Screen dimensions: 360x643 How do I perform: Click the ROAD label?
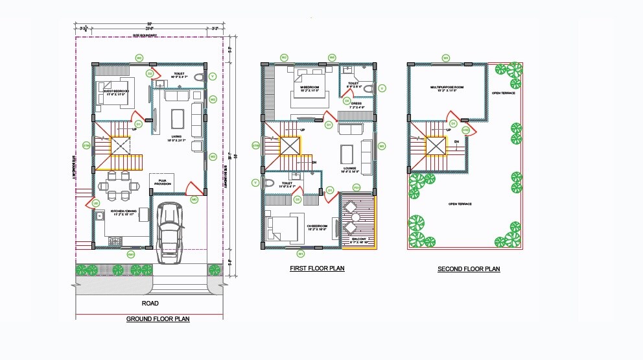150,303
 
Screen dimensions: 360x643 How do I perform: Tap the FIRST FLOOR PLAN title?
318,268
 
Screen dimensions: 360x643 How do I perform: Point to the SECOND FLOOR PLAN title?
469,269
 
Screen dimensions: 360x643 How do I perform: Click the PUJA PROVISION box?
162,183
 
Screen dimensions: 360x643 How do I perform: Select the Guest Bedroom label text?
116,92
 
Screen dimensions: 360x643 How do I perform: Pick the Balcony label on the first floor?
359,240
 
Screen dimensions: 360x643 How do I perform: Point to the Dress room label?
357,104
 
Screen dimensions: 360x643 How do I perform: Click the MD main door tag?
194,200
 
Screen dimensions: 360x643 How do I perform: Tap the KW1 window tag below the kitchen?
131,254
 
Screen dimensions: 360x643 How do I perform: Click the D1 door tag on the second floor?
454,123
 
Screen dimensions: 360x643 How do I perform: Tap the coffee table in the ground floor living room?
177,119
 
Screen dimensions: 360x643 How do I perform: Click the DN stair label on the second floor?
457,141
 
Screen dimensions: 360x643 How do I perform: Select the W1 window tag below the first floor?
300,254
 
